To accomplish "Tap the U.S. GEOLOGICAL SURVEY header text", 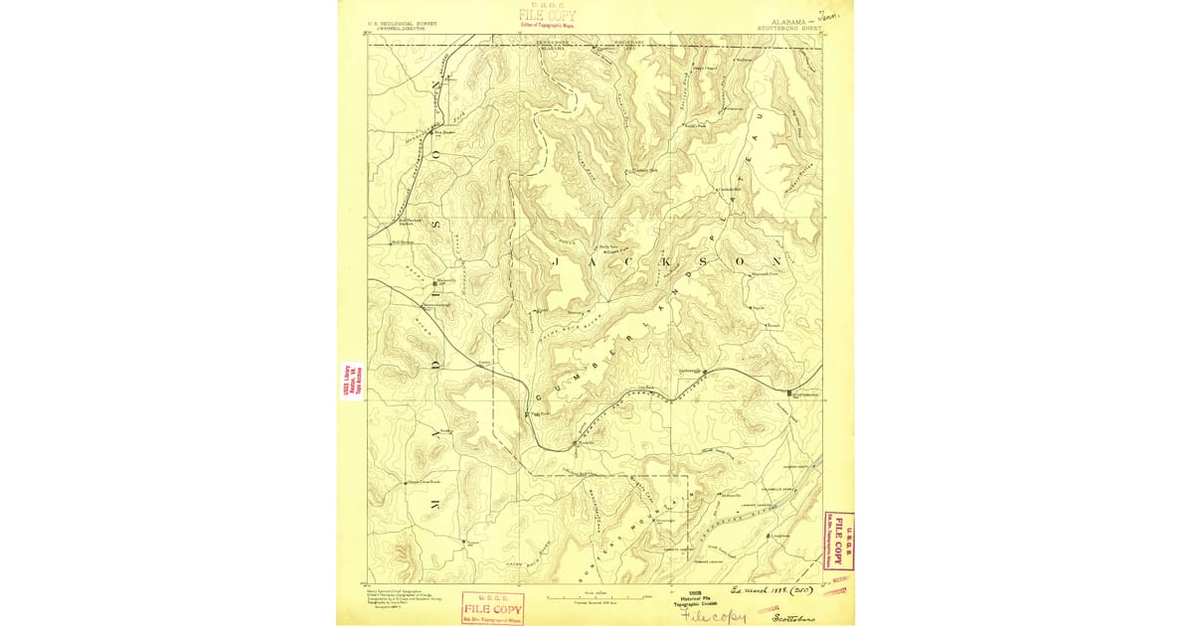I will pos(404,22).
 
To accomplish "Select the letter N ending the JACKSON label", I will pos(766,260).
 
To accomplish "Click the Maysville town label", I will pos(443,280).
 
